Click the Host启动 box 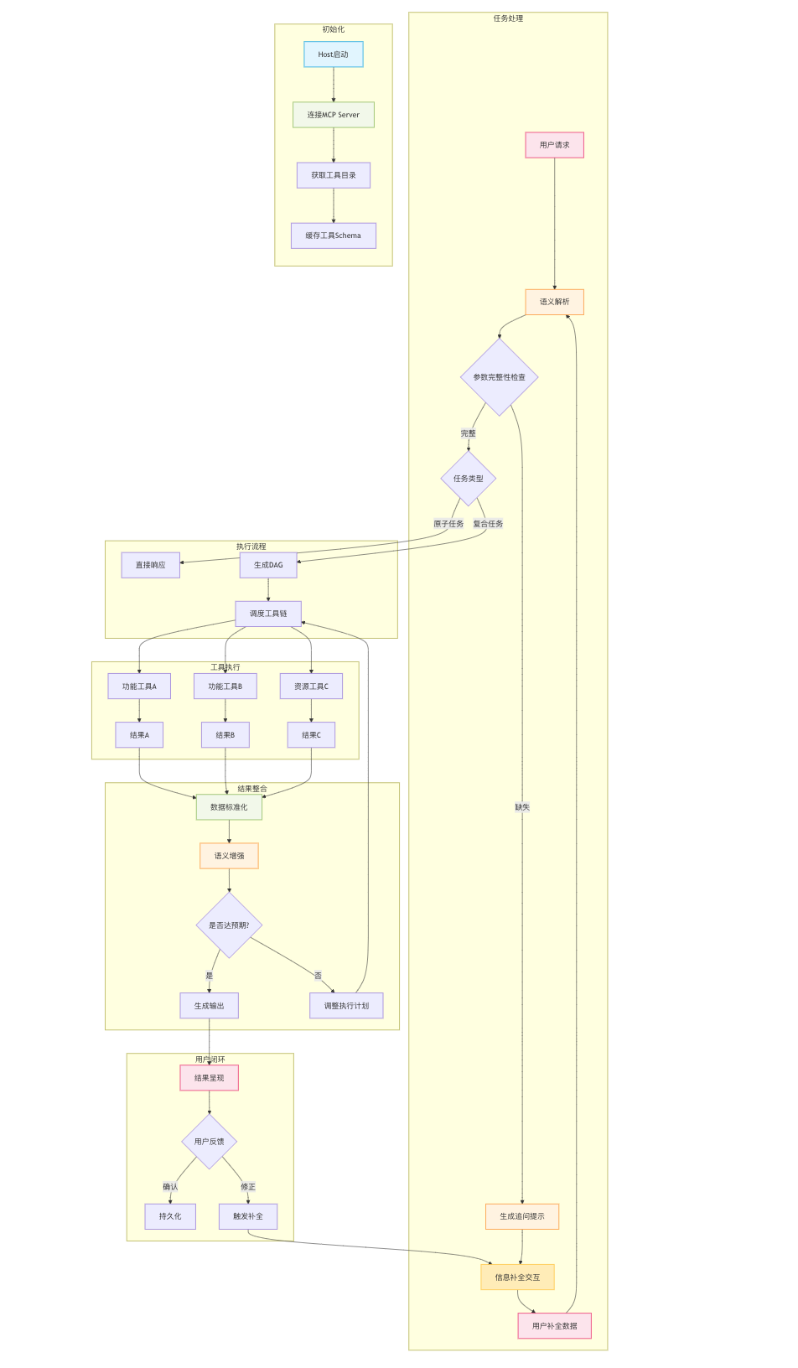coord(333,54)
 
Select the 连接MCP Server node coord(333,115)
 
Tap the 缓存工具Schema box coord(333,236)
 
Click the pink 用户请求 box coord(554,145)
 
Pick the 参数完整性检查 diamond coord(499,377)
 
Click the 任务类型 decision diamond coord(468,479)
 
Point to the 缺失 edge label coord(522,807)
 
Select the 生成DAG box coord(268,565)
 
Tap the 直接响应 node coord(150,565)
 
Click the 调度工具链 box coord(268,614)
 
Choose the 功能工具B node coord(225,687)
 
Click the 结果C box coord(311,735)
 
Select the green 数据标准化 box coord(229,807)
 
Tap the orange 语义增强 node coord(229,856)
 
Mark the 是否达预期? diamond coord(229,925)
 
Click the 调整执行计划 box coord(346,1006)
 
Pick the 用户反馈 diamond coord(209,1142)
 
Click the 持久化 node coord(170,1216)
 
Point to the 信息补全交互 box coord(517,1277)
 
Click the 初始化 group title coord(333,29)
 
